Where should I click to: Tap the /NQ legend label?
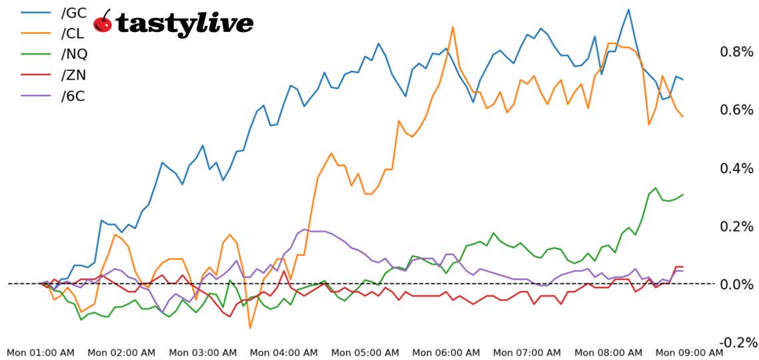74,53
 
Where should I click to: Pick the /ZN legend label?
73,75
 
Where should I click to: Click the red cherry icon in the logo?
103,22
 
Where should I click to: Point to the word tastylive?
185,24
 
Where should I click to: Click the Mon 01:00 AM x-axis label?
41,352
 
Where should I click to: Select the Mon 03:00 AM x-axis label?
203,352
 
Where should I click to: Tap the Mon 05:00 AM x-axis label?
365,352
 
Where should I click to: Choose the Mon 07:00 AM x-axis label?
527,352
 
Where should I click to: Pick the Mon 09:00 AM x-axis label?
689,352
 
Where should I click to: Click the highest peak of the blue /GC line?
628,9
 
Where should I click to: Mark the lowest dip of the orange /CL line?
250,327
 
